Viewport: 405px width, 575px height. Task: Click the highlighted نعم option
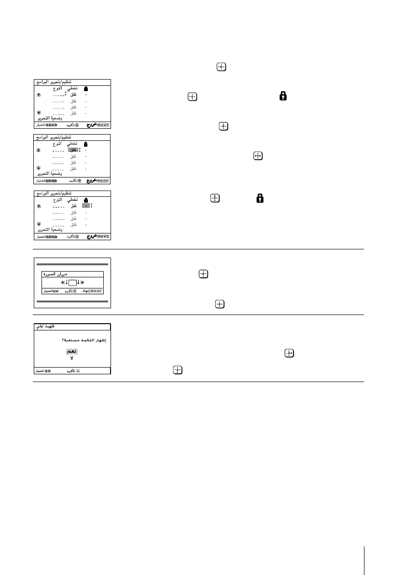coord(72,351)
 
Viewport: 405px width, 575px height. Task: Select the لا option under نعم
coord(72,358)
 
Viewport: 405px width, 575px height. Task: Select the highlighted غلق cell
coord(73,150)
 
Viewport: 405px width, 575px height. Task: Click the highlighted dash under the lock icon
coord(85,206)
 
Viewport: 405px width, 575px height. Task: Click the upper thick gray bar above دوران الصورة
coord(72,265)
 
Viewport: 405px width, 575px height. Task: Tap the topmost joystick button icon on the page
coord(222,68)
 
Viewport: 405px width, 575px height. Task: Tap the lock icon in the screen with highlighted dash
coord(85,199)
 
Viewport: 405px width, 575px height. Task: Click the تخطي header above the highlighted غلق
coord(72,144)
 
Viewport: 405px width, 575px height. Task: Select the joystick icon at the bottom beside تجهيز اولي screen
coord(178,370)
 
